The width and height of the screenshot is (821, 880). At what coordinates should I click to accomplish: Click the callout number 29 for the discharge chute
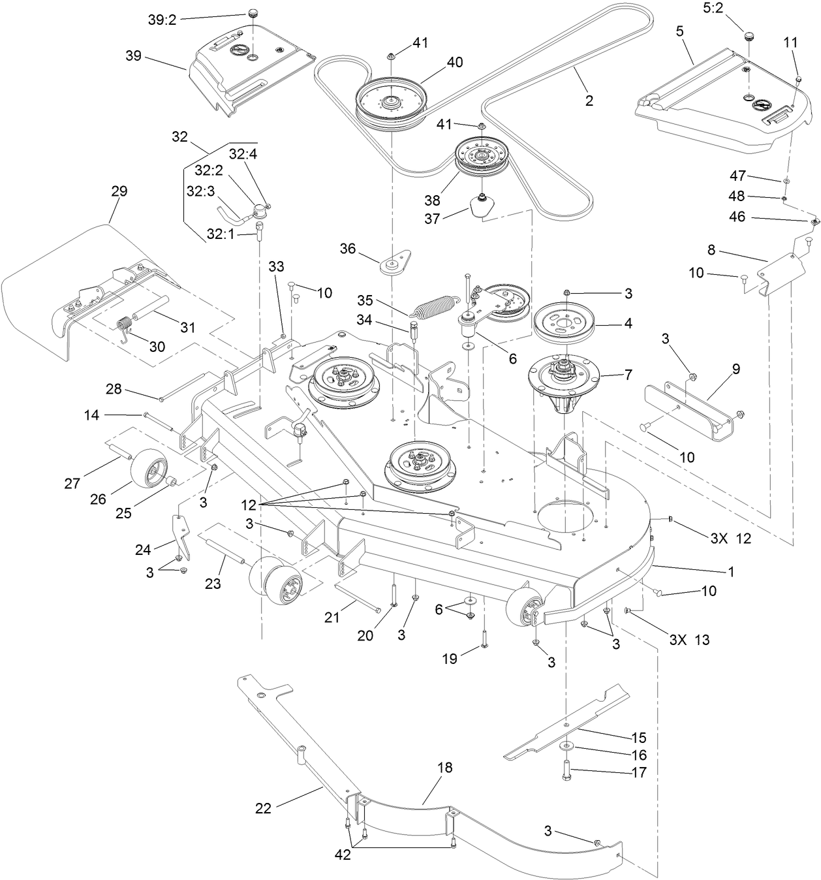pyautogui.click(x=119, y=191)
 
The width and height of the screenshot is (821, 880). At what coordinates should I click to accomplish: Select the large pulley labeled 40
pyautogui.click(x=391, y=101)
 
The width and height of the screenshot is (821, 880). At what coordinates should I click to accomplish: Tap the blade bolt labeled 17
pyautogui.click(x=565, y=770)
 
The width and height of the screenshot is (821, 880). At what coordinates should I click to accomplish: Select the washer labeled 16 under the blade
pyautogui.click(x=565, y=746)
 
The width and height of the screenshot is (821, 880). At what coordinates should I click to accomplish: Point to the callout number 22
pyautogui.click(x=263, y=808)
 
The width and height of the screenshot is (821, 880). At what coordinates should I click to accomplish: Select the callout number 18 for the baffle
pyautogui.click(x=444, y=768)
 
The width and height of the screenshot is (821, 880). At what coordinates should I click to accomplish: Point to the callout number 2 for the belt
pyautogui.click(x=589, y=101)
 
